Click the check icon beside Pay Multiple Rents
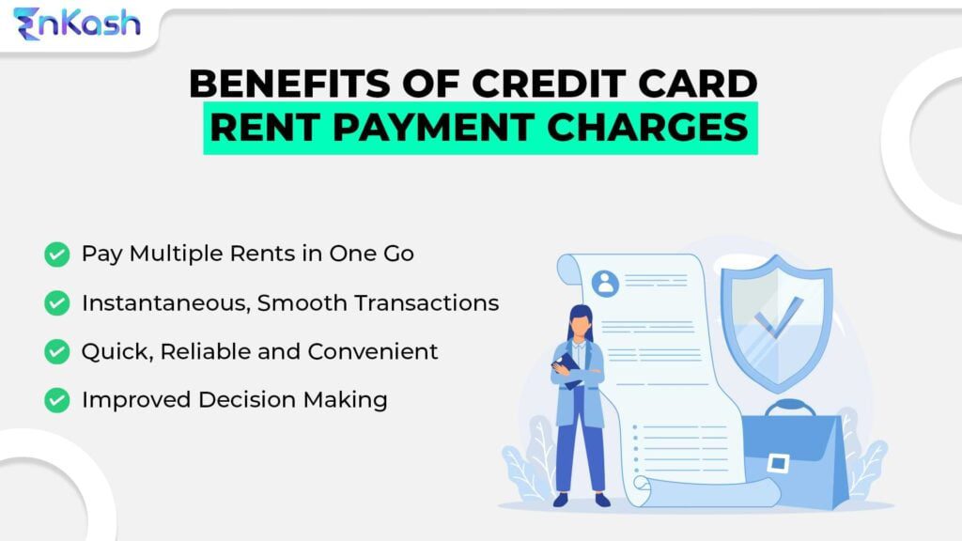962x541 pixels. pos(57,255)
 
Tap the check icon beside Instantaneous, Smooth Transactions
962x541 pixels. pos(57,303)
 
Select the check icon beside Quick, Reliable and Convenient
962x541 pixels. pos(57,351)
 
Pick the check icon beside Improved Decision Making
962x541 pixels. pos(57,400)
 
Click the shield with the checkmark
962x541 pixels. pos(776,315)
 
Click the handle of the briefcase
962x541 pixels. pos(790,406)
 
